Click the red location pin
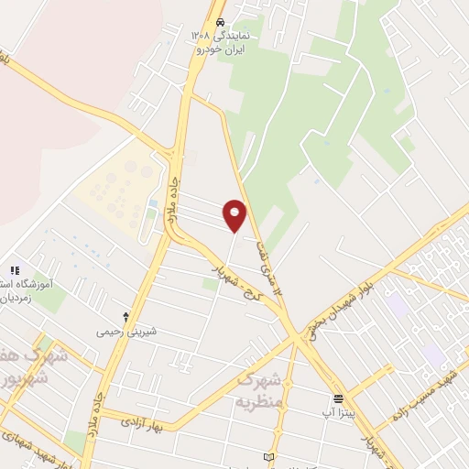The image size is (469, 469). click(x=235, y=216)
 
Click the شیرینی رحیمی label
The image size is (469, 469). click(x=127, y=331)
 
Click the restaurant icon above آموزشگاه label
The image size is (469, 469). click(x=14, y=270)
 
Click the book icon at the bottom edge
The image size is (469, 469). click(x=268, y=456)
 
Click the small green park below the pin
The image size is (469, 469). click(x=211, y=284)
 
